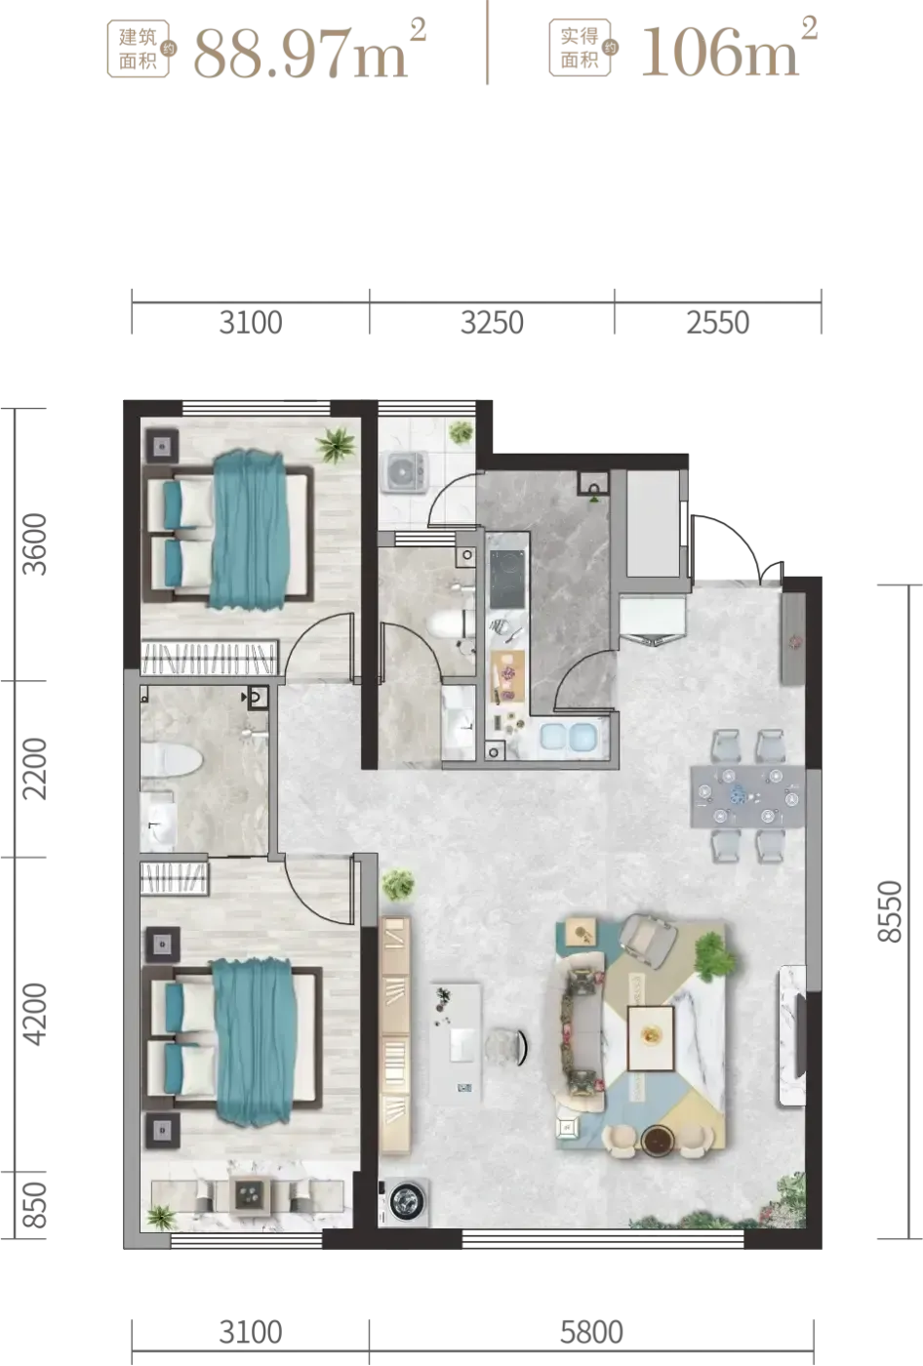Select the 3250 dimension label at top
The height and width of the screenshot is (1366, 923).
click(492, 323)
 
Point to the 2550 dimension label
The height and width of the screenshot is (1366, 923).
click(717, 323)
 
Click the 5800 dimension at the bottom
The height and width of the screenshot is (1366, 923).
click(591, 1332)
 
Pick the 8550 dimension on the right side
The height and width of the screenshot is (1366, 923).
click(890, 911)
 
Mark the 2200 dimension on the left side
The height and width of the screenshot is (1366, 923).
click(34, 768)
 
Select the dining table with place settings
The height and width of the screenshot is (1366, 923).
click(747, 796)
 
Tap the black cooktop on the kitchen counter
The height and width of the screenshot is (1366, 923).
click(506, 579)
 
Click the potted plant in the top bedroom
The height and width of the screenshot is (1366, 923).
click(335, 445)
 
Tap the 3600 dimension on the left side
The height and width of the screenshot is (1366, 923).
click(34, 544)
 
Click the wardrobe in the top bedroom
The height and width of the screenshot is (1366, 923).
click(209, 657)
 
